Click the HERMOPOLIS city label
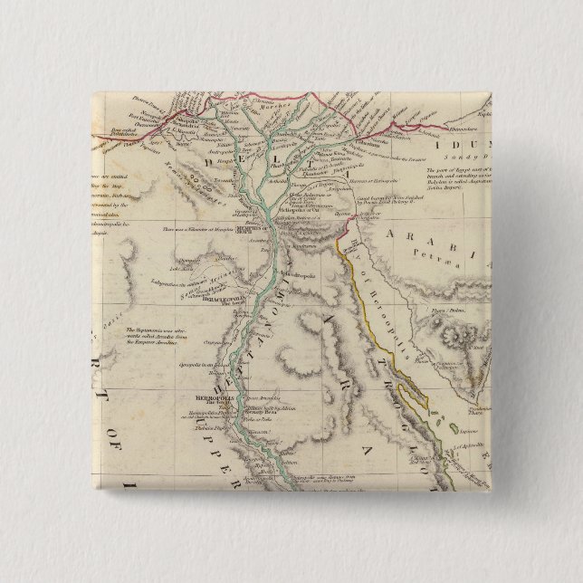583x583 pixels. [209, 397]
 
